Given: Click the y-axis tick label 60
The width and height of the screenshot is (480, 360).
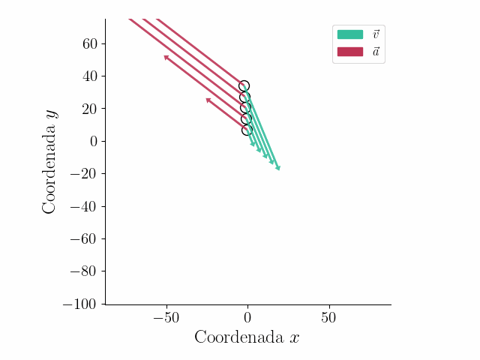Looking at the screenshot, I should click(90, 43).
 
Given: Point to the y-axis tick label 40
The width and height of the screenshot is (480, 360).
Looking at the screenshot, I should click(90, 76).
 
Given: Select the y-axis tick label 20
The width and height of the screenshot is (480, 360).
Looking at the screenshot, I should click(90, 109).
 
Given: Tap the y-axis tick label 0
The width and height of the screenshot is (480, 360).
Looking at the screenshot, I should click(94, 142).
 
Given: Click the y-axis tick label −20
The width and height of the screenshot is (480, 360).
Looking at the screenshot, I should click(85, 174).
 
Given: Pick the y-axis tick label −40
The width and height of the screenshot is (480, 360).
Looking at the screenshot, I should click(85, 207).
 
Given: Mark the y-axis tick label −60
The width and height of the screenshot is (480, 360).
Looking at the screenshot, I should click(85, 239).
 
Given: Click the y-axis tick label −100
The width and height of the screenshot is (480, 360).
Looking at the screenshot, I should click(81, 304).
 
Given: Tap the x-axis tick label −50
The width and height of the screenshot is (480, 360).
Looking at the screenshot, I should click(166, 317).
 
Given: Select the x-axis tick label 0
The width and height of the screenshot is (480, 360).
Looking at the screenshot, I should click(247, 317).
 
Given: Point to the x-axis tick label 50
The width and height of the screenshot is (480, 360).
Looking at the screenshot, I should click(328, 317).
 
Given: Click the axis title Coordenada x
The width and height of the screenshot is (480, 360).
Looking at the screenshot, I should click(247, 337).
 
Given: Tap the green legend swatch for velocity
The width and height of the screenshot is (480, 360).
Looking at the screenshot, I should click(349, 34).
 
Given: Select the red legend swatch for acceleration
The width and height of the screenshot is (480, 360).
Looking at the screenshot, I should click(349, 52).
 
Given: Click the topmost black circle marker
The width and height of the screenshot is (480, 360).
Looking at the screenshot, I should click(244, 86).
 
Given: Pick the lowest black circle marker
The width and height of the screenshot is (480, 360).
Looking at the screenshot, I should click(247, 130).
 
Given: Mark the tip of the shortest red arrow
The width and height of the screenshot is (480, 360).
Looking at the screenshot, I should click(205, 98).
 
